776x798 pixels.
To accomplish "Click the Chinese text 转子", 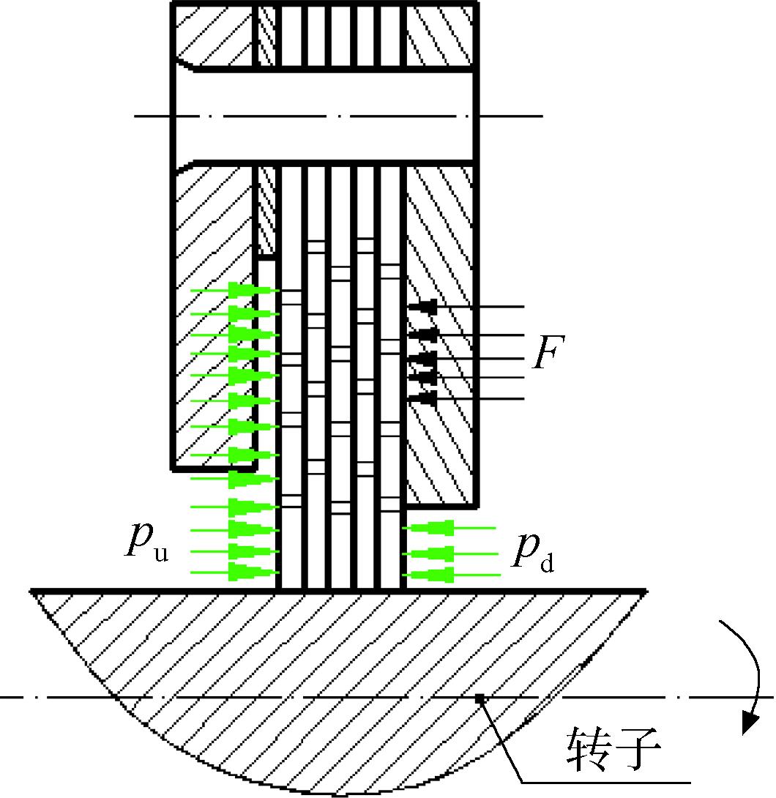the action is pyautogui.click(x=613, y=749).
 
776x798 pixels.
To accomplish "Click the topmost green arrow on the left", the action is pyautogui.click(x=234, y=290).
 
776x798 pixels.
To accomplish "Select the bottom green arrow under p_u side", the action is pyautogui.click(x=234, y=572).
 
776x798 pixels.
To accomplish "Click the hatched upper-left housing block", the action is pyautogui.click(x=214, y=35).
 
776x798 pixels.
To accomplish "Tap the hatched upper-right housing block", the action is pyautogui.click(x=441, y=35).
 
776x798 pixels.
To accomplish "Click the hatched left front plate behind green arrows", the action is pyautogui.click(x=214, y=316).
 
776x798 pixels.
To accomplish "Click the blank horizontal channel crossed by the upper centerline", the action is pyautogui.click(x=324, y=116).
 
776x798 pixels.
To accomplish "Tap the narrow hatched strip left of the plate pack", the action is pyautogui.click(x=264, y=209).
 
